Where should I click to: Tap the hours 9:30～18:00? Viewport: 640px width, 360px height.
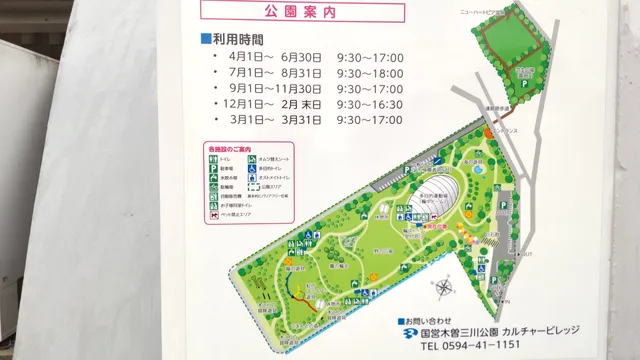[x=370, y=73]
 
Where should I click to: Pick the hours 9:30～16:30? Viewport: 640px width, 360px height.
[x=370, y=104]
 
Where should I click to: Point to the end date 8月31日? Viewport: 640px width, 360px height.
[x=302, y=73]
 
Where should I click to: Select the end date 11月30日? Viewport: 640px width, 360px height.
[x=300, y=88]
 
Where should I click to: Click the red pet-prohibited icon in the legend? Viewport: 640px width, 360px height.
[x=211, y=214]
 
